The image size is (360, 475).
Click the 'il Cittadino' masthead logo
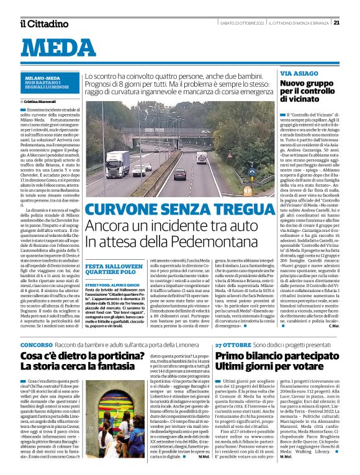tap(43, 23)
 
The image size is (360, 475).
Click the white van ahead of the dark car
tap(202, 158)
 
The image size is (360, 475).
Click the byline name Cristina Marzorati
tap(40, 100)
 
